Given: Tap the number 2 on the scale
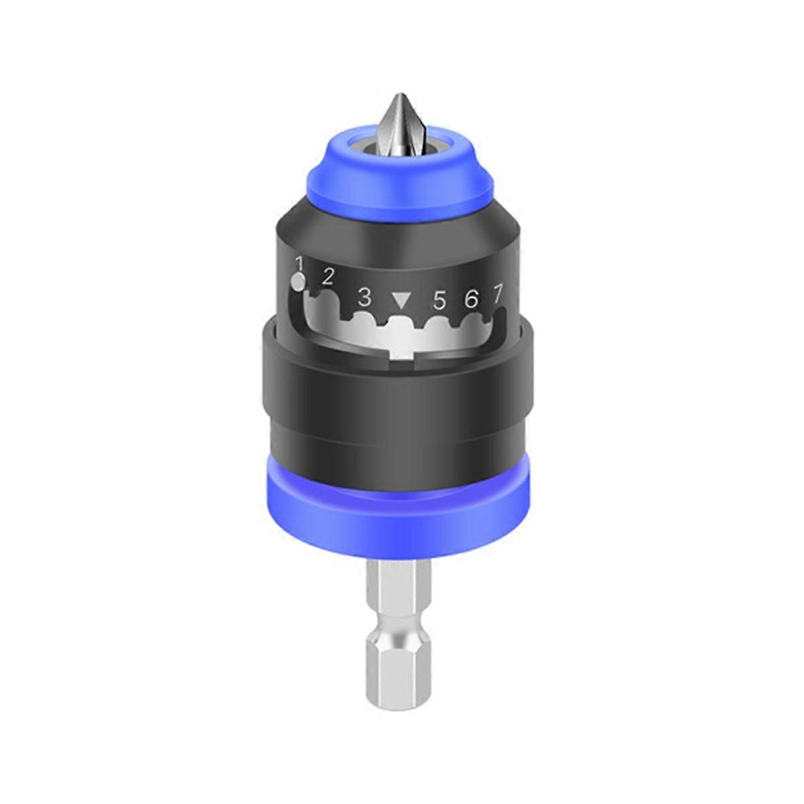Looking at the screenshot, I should pyautogui.click(x=328, y=276).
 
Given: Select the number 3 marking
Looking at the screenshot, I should pyautogui.click(x=364, y=296).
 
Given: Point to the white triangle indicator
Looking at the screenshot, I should pyautogui.click(x=401, y=300).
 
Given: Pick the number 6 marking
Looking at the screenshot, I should pyautogui.click(x=472, y=299).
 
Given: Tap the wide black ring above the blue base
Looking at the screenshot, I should pyautogui.click(x=402, y=389).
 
